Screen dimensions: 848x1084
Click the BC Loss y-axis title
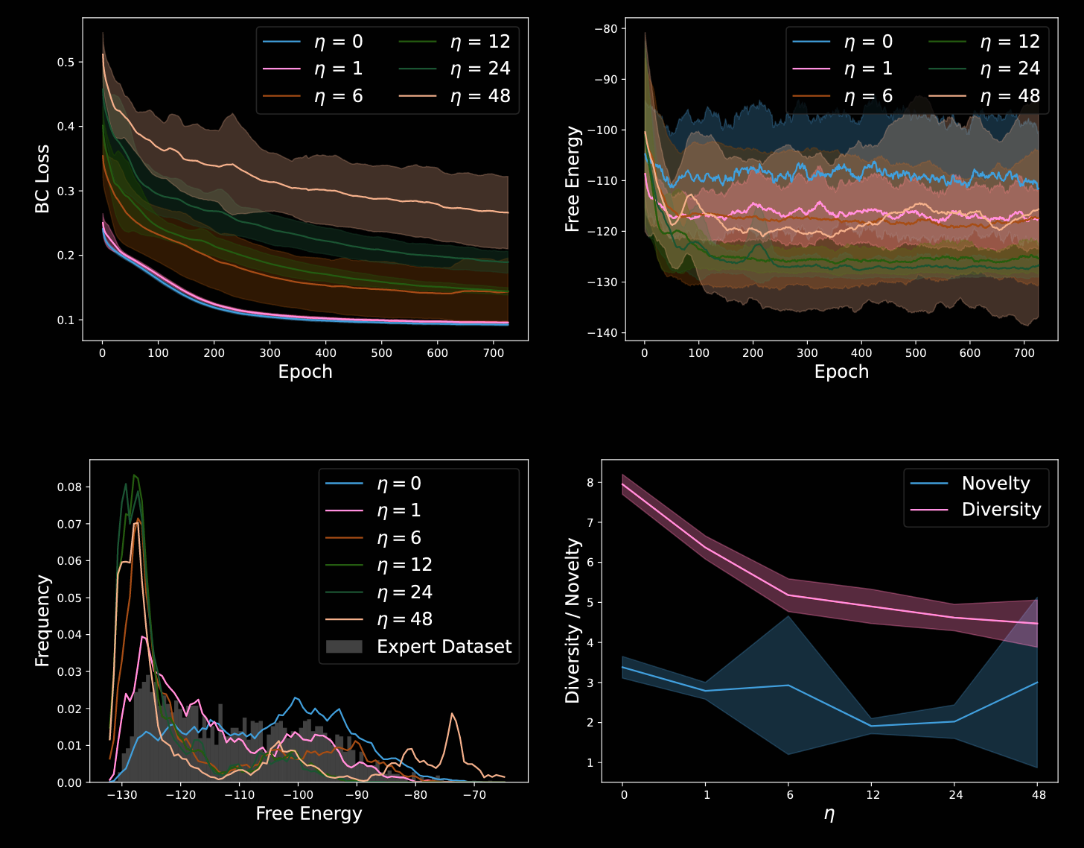pos(42,179)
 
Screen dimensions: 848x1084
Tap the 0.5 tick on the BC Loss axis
pos(66,62)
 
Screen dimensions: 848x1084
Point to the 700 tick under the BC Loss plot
pos(493,353)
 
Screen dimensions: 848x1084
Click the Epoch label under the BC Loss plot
pos(305,372)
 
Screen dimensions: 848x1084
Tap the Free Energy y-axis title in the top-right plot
pos(573,179)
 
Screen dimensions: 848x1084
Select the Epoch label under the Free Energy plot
pos(841,372)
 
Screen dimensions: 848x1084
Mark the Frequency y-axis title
pos(42,621)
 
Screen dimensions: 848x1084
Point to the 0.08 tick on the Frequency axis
pos(69,487)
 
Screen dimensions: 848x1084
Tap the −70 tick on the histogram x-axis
pos(474,795)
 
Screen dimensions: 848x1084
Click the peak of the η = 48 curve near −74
pos(451,714)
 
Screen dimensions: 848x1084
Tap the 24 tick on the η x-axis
pos(955,795)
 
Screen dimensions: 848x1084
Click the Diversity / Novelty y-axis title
pos(573,621)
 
